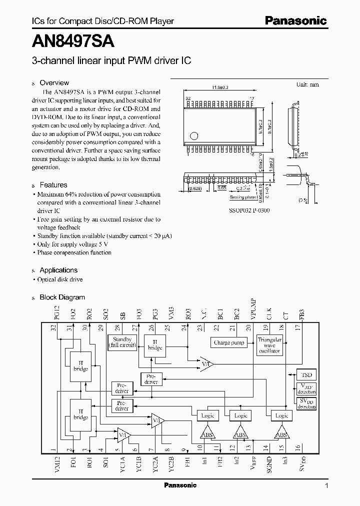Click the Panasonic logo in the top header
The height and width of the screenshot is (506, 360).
(x=295, y=21)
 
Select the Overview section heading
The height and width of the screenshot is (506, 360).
(x=54, y=83)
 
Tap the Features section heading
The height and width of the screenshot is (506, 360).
(x=53, y=185)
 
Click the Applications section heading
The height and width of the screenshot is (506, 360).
(x=58, y=270)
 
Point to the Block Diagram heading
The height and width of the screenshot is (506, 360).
(x=62, y=297)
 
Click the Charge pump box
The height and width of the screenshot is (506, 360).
(x=229, y=343)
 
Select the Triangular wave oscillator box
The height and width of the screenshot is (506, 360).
(x=269, y=346)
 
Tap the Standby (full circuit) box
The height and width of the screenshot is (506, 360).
(x=122, y=342)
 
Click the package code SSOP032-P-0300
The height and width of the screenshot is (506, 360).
(x=249, y=210)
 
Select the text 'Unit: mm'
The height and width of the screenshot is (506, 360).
(x=307, y=84)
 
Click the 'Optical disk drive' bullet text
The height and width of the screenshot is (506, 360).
(x=60, y=279)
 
